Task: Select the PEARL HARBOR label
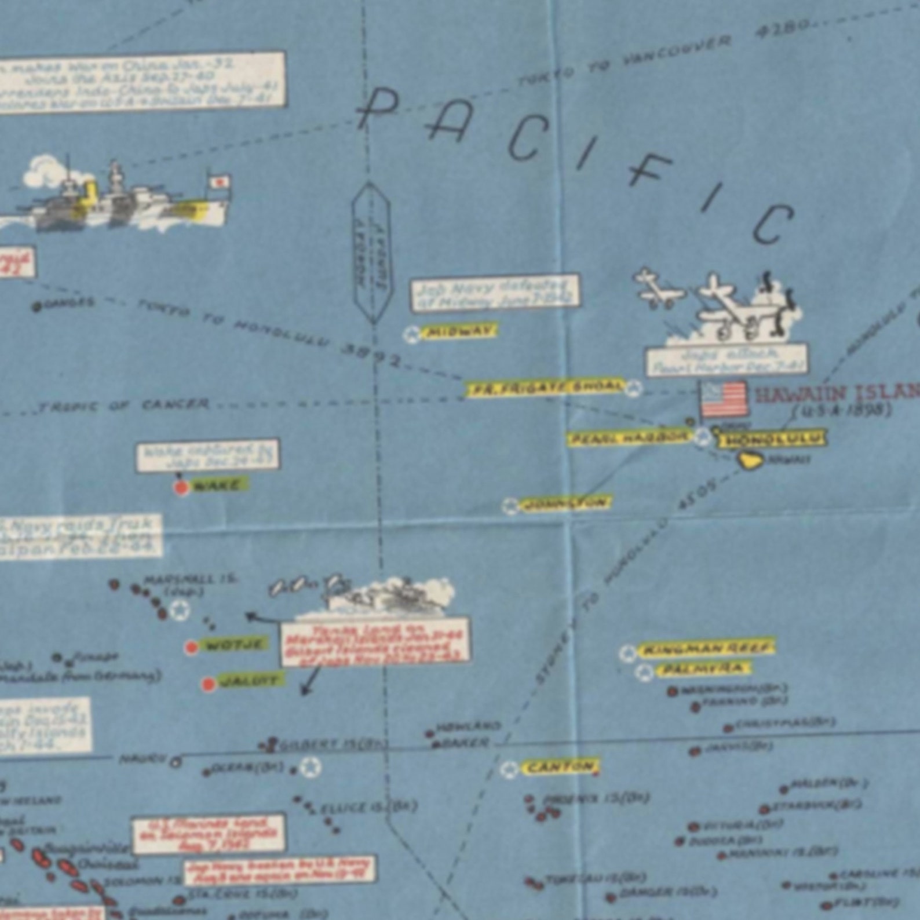[629, 439]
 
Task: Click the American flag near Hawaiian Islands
[724, 399]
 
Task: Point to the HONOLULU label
[772, 440]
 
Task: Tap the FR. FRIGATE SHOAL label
[545, 388]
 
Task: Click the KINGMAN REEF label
[706, 648]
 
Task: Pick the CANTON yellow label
[560, 768]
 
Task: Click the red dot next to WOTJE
[191, 647]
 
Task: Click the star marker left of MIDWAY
[412, 334]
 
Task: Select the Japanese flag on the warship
[219, 183]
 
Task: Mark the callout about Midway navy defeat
[495, 293]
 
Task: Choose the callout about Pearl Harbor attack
[727, 360]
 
